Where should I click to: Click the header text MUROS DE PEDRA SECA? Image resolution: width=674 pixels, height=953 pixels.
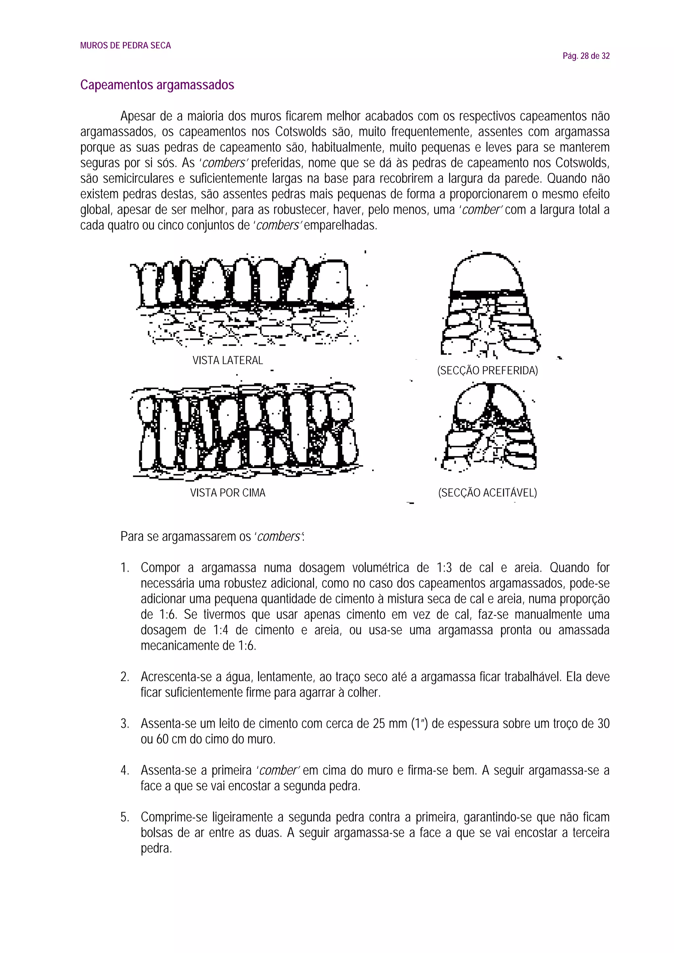point(125,46)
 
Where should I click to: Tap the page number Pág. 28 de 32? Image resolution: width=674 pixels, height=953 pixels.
point(586,56)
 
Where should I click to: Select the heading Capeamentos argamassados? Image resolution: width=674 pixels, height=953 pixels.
point(157,85)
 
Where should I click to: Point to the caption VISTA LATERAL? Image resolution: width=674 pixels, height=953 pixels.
point(227,360)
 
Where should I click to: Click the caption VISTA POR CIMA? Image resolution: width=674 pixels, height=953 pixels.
point(227,493)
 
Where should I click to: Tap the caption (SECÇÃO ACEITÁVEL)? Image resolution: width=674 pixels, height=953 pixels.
point(487,493)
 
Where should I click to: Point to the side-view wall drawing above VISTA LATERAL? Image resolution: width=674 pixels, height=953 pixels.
point(245,301)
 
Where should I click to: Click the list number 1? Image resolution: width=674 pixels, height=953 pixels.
point(125,568)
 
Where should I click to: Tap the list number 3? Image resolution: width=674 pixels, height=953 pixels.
point(125,724)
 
